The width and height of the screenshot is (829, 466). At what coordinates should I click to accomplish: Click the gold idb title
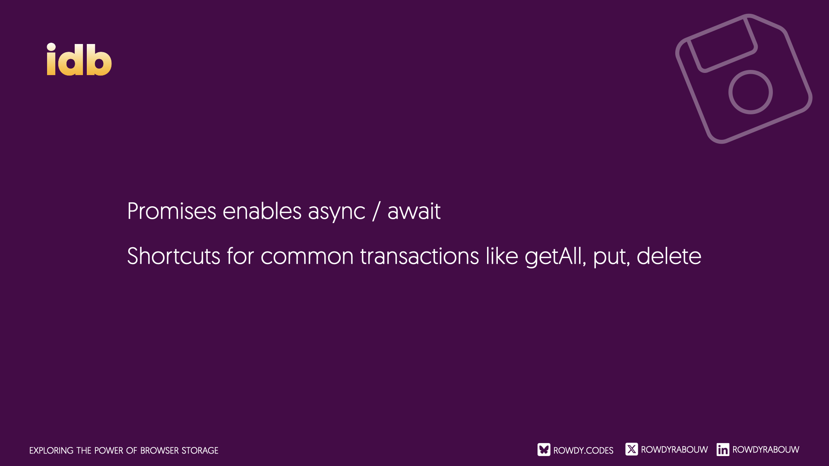tap(79, 59)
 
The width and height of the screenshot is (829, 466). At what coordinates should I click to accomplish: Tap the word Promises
tap(172, 211)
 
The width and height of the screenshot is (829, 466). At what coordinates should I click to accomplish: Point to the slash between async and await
tap(377, 211)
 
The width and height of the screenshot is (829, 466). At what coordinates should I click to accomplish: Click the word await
tap(414, 211)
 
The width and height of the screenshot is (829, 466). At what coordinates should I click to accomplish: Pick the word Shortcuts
tap(174, 256)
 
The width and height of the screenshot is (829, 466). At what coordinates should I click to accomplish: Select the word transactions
tap(420, 256)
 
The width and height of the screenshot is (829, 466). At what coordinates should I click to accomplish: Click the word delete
tap(669, 256)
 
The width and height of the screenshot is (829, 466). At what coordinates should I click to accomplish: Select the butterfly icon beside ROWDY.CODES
tap(544, 450)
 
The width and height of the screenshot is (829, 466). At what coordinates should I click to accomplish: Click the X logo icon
tap(632, 449)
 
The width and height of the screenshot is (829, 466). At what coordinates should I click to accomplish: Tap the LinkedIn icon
tap(723, 450)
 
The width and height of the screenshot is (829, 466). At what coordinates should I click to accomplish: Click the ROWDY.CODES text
tap(583, 450)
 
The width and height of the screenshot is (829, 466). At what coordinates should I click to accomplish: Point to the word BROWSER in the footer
tap(159, 450)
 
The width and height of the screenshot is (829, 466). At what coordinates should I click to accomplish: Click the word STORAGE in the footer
tap(200, 450)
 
